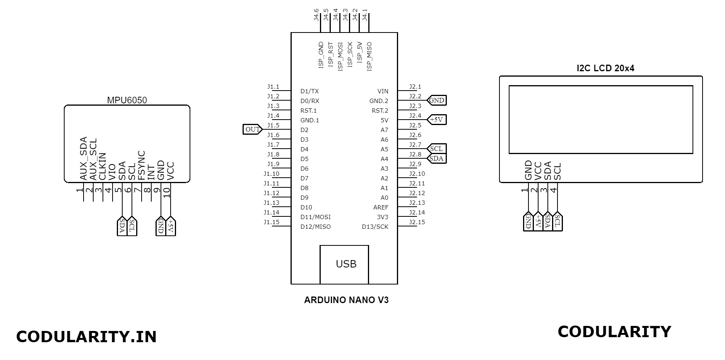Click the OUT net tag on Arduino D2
click(x=253, y=129)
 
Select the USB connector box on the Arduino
click(x=344, y=264)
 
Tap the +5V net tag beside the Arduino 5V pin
click(x=436, y=120)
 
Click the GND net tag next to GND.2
click(x=436, y=100)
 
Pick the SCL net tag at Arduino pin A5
click(x=436, y=149)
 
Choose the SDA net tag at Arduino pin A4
click(x=436, y=158)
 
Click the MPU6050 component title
click(x=127, y=100)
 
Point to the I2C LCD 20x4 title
click(x=605, y=69)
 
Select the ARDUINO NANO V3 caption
click(x=346, y=300)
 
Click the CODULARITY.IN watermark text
click(x=86, y=337)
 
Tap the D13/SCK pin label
click(x=375, y=227)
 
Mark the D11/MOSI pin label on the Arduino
click(x=316, y=217)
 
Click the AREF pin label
click(x=381, y=207)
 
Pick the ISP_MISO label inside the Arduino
click(x=369, y=56)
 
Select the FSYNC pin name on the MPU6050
click(x=141, y=165)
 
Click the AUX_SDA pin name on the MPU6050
click(x=83, y=159)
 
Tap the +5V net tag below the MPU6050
click(x=171, y=226)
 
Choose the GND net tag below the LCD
click(x=528, y=222)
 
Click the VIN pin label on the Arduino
click(x=383, y=91)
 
